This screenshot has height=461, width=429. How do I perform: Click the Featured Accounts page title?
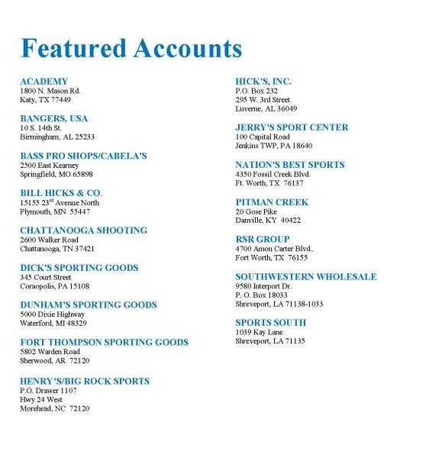coord(131,47)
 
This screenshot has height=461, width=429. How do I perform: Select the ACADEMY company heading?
coord(44,81)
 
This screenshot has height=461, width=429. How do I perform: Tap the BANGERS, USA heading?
coord(53,118)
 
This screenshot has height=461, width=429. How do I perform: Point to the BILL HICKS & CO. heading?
coord(60,193)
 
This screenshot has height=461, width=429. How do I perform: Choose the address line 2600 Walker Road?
coord(49,240)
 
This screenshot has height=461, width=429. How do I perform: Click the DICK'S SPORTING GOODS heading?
coord(79,268)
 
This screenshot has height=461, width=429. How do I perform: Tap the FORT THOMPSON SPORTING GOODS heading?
coord(104,343)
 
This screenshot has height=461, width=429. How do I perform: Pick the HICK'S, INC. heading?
coord(263,81)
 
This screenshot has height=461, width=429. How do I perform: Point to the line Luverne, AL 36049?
coord(266,108)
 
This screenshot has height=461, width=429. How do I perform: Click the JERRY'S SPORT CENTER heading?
coord(292,127)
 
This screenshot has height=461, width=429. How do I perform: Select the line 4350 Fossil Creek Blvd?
coord(273,174)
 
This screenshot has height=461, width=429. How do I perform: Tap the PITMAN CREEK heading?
coord(272,202)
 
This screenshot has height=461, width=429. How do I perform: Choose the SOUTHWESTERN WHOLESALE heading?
coord(305,276)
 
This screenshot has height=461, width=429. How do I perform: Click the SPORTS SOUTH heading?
coord(270,323)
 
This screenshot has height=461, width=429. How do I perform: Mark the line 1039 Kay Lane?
coord(259,332)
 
